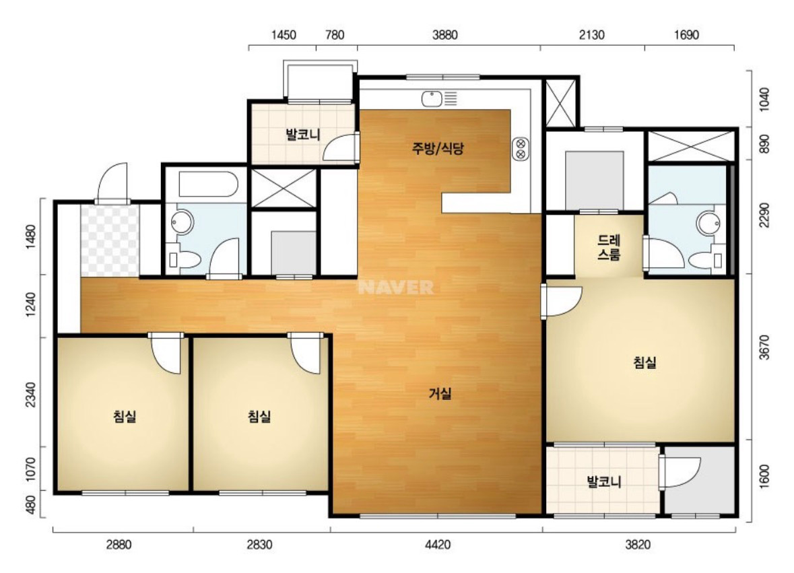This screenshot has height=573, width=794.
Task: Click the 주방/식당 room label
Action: pos(438,148)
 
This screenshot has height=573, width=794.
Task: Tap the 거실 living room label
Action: pos(440,393)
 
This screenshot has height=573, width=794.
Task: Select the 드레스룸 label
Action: pos(609,247)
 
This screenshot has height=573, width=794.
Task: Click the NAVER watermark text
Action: pos(396,288)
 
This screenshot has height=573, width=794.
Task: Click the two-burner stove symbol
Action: pos(521,148)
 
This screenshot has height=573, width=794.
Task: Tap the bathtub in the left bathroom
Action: pos(208,184)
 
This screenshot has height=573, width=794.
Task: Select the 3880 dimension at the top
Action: pos(445,35)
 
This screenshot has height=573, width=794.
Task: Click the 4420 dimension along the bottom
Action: pos(438,545)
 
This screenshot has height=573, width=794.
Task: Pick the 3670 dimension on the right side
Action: pos(764,347)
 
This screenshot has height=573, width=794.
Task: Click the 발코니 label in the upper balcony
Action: pos(303,135)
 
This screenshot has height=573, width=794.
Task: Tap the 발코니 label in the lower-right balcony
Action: pos(603,481)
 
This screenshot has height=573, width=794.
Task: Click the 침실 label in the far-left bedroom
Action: pos(125,417)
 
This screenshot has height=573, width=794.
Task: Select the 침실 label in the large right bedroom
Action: pos(644,362)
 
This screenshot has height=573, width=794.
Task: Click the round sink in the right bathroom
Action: pos(708,223)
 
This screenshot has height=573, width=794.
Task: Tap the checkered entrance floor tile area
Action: pos(110,240)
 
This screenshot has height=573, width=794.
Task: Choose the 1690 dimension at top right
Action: pos(687,35)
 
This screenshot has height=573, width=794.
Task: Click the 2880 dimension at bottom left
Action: pos(119,545)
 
